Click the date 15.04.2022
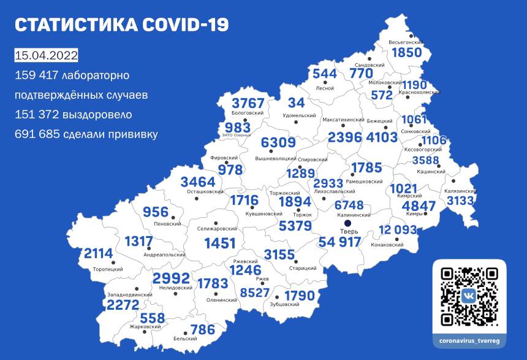pos(46,56)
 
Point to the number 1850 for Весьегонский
pos(406,53)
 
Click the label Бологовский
pos(248,113)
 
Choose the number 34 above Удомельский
pos(297,102)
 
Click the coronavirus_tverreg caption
pos(469,339)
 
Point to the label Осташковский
pos(205,192)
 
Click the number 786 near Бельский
pos(203,330)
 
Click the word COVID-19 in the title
pos(184,25)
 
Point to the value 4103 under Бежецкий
pos(381,137)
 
